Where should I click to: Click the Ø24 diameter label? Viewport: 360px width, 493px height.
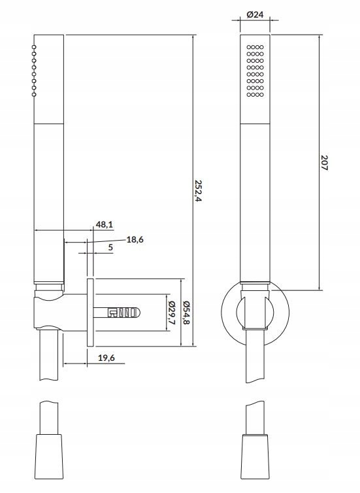tap(255, 14)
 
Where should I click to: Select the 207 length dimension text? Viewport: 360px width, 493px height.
tap(324, 163)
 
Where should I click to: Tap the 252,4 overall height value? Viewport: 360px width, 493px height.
tap(198, 191)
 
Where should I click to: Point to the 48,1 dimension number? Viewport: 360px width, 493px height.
tap(105, 224)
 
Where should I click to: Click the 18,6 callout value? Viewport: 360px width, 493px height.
tap(135, 239)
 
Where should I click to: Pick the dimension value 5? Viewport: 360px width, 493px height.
tap(110, 247)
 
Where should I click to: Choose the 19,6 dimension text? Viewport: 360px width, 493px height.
tap(106, 358)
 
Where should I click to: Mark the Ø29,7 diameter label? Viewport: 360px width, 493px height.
tap(172, 313)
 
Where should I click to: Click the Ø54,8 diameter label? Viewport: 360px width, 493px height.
tap(186, 313)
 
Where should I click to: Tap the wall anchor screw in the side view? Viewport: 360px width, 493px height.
tap(117, 313)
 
